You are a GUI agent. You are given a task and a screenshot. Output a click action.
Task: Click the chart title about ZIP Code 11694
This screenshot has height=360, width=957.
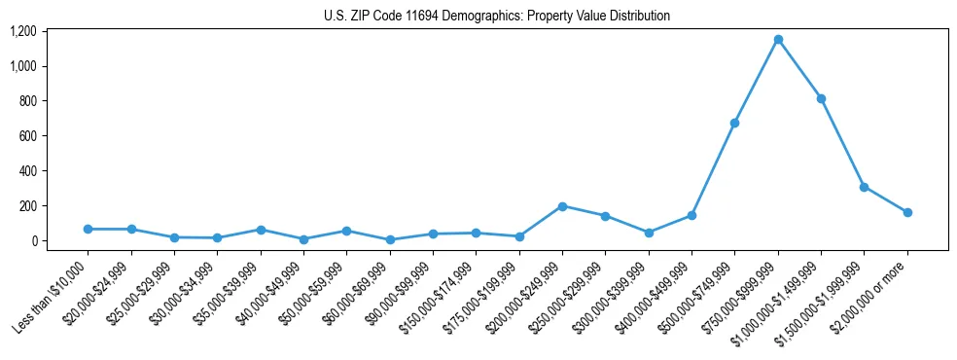pos(497,16)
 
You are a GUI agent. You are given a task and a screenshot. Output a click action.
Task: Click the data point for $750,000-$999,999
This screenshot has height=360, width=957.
pos(778,40)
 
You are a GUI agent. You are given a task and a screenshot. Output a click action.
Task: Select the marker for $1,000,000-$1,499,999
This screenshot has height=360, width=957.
pos(821,98)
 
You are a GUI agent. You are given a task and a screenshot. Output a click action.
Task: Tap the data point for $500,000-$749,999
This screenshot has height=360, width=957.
pos(734,123)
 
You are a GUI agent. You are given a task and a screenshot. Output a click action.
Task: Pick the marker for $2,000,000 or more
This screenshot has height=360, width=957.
pos(907,212)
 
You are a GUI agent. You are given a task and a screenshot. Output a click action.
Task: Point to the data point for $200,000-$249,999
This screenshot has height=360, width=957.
pos(562,206)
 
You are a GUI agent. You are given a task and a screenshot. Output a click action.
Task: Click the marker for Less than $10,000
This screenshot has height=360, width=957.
pos(88,229)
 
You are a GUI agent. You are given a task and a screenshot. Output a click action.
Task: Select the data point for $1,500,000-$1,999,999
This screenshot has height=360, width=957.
pos(865,187)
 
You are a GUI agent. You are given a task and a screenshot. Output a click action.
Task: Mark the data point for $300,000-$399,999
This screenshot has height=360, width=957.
pos(649,233)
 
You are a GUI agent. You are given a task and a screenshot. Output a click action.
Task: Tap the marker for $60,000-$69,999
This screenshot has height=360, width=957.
pos(390,239)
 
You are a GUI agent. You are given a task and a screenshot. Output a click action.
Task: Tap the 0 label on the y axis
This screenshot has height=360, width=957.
pos(33,241)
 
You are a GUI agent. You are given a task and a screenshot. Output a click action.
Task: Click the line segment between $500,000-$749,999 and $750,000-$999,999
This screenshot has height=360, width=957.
pos(757,82)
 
